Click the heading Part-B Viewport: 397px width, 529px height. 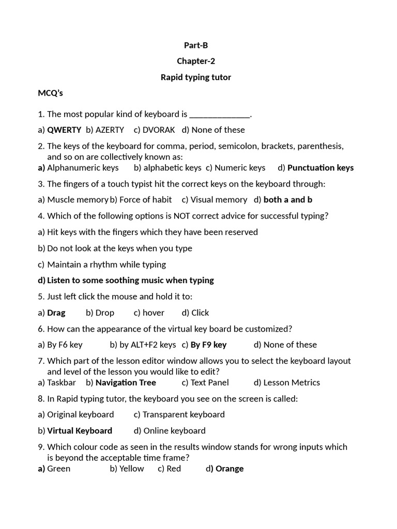(196, 45)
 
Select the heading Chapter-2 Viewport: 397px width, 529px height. (196, 61)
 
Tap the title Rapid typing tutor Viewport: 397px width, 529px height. (196, 77)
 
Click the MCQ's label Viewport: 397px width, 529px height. (50, 93)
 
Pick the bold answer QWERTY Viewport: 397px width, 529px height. (64, 130)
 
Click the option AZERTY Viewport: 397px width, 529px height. (110, 130)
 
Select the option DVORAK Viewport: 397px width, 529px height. (159, 130)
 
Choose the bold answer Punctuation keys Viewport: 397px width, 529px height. (320, 167)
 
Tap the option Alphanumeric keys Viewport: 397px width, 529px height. (83, 167)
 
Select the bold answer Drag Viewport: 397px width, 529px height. (56, 313)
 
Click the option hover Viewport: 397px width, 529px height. (153, 313)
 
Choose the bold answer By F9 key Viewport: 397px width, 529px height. (208, 345)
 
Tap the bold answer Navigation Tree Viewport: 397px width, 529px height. (126, 382)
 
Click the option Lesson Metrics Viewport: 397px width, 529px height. (292, 382)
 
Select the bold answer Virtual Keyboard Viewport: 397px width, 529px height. (80, 430)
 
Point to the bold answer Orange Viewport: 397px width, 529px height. (230, 469)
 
